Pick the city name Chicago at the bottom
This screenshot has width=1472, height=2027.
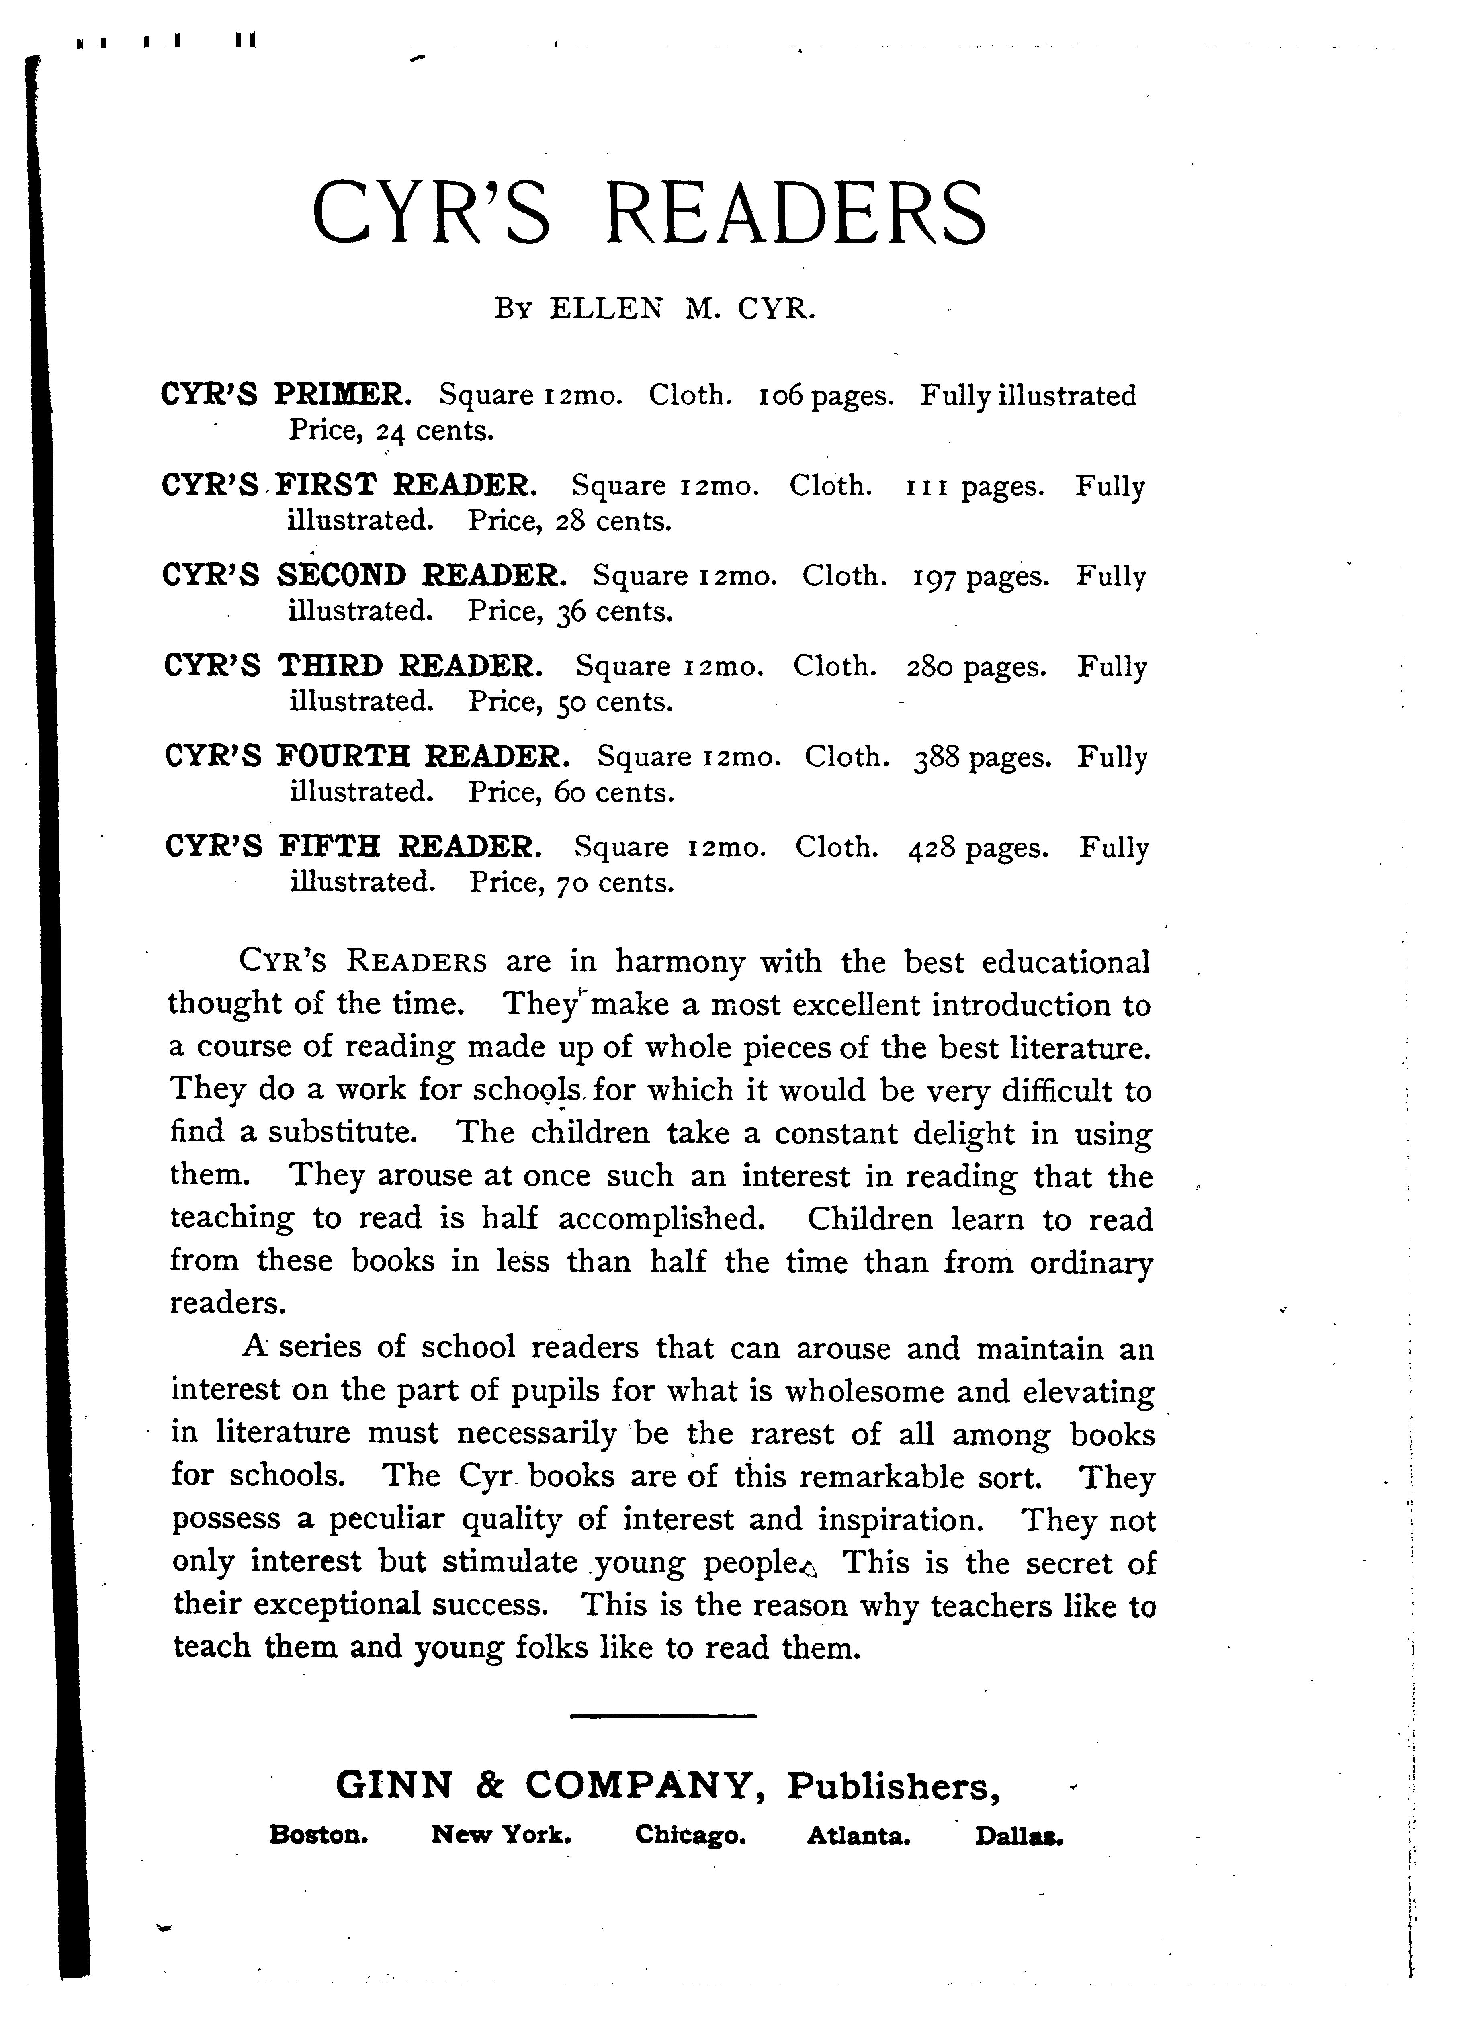(690, 1836)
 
